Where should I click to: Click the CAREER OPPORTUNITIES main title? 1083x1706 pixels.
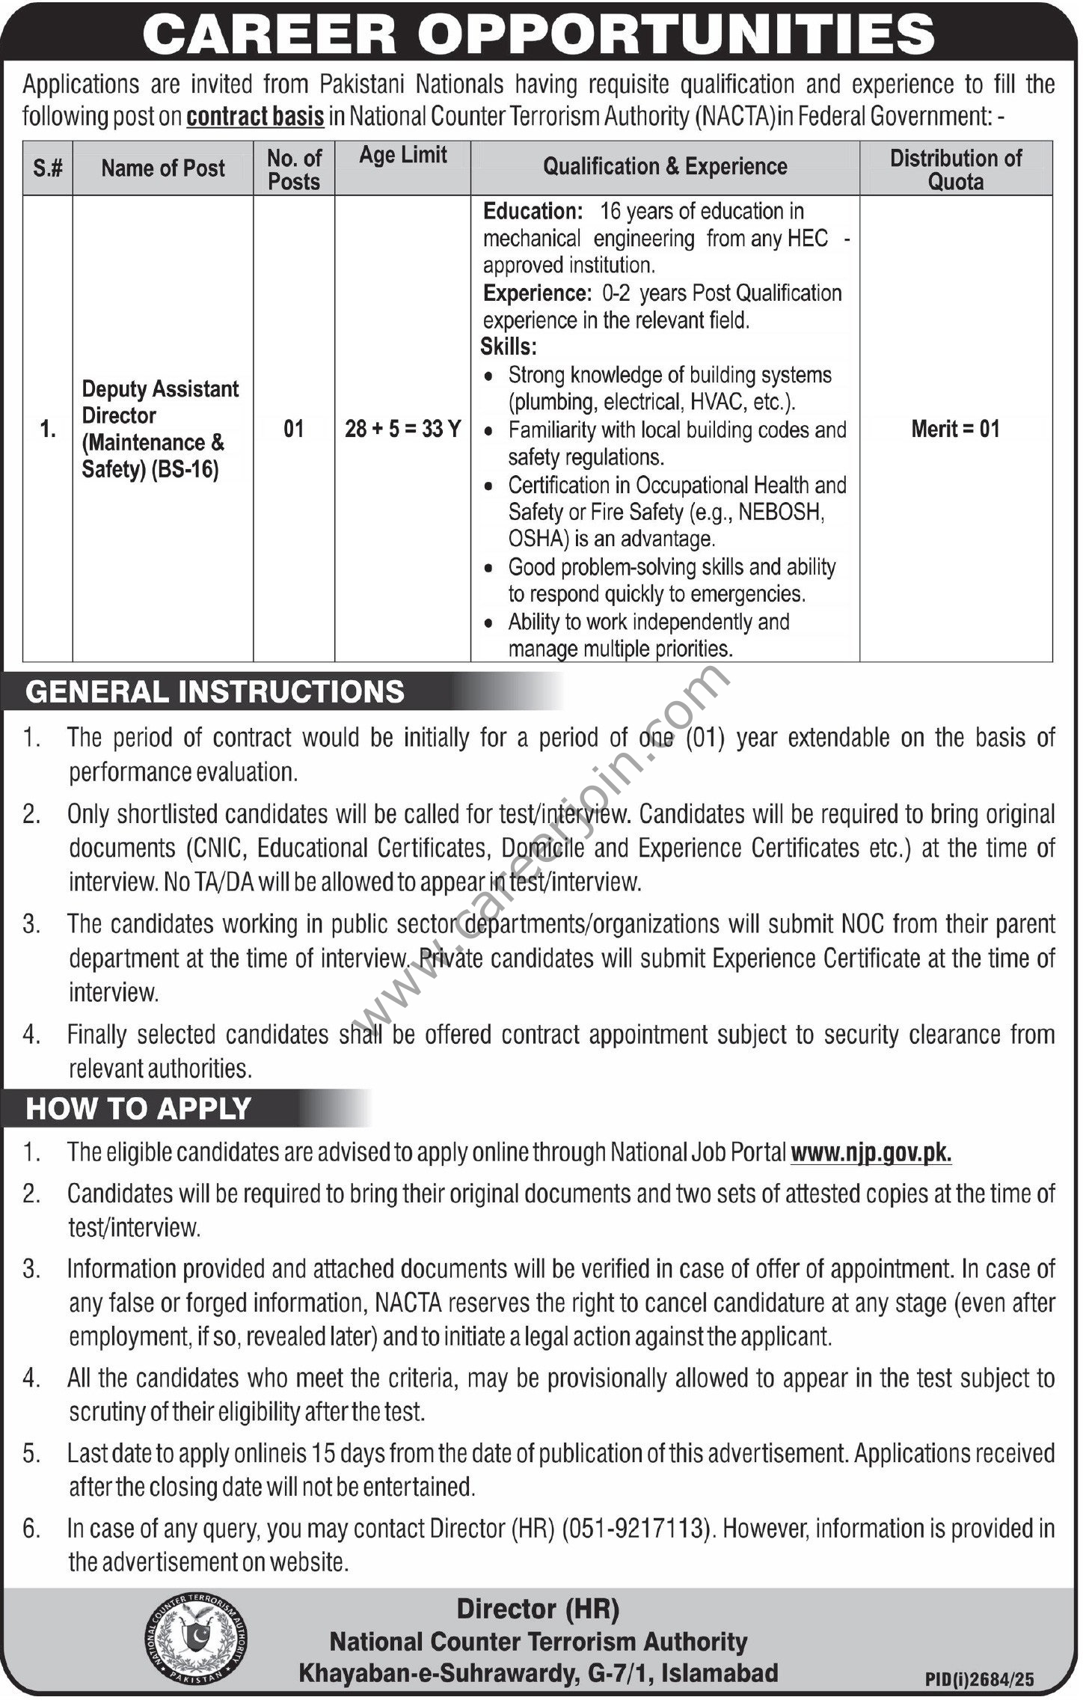coord(539,34)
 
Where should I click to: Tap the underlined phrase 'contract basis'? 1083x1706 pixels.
coord(255,117)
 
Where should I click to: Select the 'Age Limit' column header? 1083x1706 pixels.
coord(402,155)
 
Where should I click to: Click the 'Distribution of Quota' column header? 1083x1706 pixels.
coord(955,169)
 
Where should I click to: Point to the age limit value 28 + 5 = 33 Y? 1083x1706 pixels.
coord(402,429)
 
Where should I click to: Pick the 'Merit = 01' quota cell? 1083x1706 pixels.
coord(955,429)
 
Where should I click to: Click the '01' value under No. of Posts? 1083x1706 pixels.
coord(294,429)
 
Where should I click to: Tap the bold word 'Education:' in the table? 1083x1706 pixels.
coord(532,212)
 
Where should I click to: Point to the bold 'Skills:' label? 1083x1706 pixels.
coord(509,347)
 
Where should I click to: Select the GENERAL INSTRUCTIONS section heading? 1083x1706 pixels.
coord(215,691)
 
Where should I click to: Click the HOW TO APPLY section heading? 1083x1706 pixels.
coord(138,1108)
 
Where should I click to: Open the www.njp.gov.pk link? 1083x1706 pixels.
coord(871,1152)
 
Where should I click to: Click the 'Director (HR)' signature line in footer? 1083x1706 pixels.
coord(538,1608)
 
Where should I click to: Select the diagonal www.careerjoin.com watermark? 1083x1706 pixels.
coord(539,846)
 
